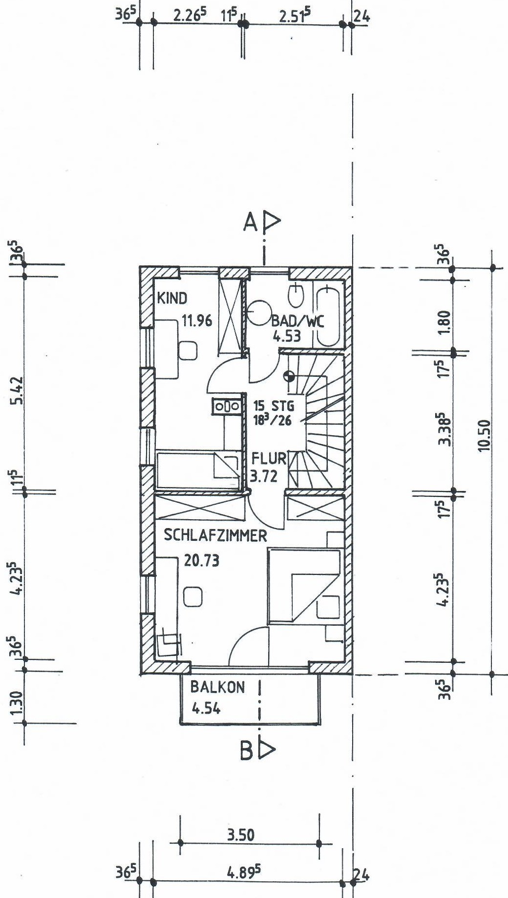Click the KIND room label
172,298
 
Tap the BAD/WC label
298,321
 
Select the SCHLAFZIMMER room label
215,535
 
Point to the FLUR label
269,458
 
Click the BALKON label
217,687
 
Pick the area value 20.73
201,560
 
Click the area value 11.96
197,321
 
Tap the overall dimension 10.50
484,436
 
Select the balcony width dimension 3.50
241,835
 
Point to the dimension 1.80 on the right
444,323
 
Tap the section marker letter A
250,223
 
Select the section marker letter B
247,751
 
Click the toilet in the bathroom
296,294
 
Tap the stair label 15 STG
274,406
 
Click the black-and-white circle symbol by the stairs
289,376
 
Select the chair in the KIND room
188,350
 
